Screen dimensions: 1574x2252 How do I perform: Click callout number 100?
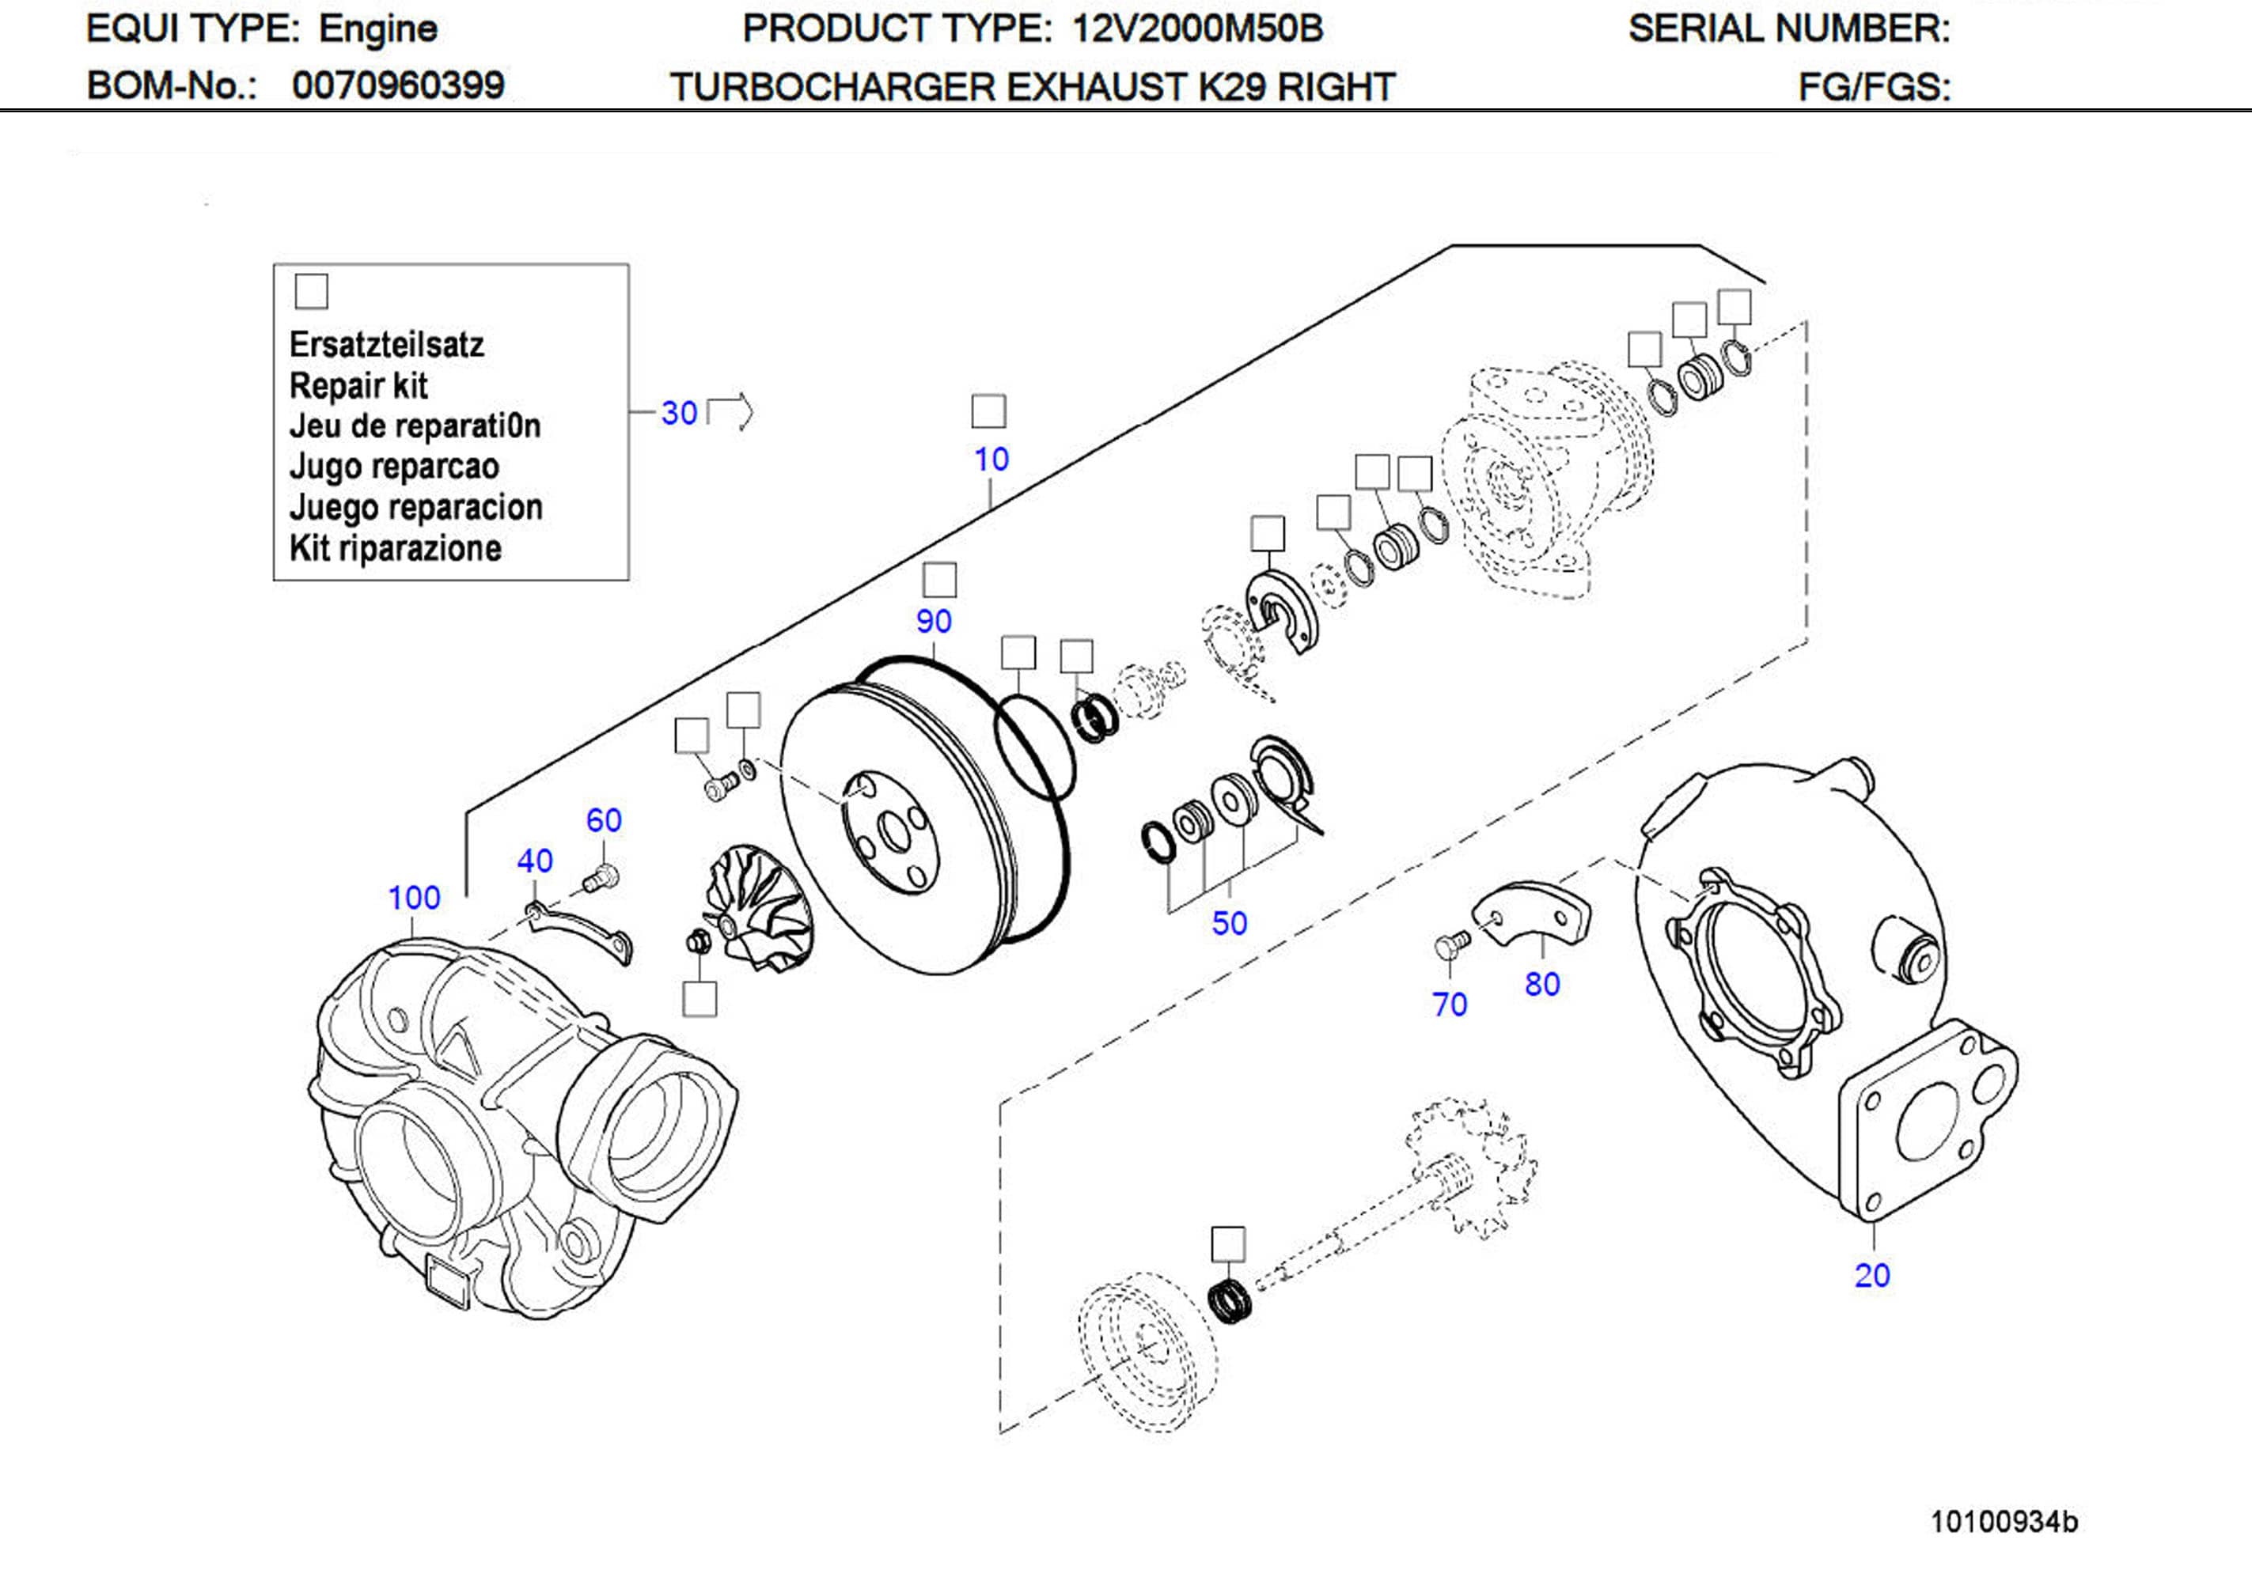[414, 897]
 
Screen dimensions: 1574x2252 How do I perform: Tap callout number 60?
[603, 820]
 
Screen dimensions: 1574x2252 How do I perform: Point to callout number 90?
[933, 621]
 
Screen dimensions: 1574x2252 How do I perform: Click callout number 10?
[991, 459]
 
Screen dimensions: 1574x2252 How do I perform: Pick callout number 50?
[1228, 923]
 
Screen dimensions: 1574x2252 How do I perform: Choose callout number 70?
[1449, 1005]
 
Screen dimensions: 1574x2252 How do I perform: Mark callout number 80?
[1542, 984]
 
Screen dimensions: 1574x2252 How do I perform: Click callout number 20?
[1871, 1275]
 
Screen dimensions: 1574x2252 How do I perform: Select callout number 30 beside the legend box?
[679, 413]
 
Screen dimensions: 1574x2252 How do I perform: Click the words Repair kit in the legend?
[358, 385]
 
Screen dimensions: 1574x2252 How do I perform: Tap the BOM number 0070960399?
[398, 85]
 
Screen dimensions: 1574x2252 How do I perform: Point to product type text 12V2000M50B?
[1196, 28]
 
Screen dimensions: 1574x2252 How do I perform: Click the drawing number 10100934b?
[2003, 1522]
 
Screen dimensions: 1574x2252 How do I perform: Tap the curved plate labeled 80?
[1535, 913]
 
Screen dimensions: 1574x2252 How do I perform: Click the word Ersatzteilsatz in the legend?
[386, 344]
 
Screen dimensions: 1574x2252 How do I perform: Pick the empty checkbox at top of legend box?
[311, 291]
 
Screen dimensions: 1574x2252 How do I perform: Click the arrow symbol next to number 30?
[730, 411]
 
